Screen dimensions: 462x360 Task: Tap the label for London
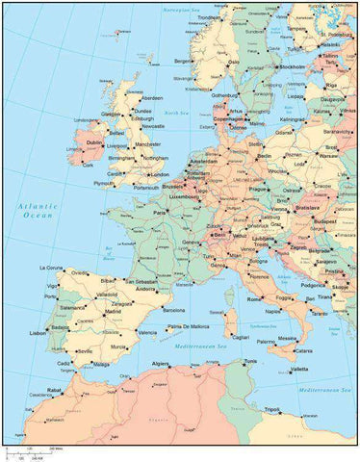point(161,174)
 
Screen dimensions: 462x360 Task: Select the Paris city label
point(160,213)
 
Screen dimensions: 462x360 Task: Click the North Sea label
point(175,113)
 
